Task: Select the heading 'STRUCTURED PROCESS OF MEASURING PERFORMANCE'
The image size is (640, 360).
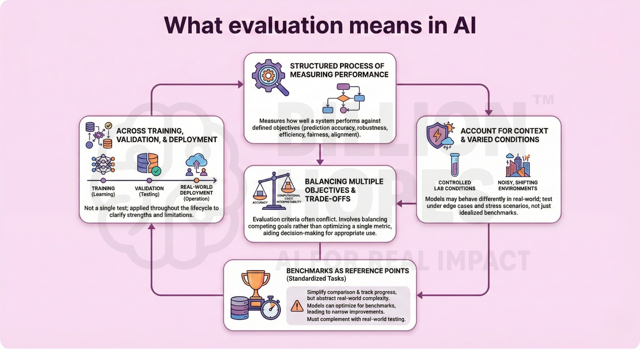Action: pyautogui.click(x=339, y=70)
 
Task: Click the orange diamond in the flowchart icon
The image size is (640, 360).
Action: pyautogui.click(x=343, y=98)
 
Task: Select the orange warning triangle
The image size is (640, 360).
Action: pyautogui.click(x=297, y=306)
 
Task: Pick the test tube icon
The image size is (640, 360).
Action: pyautogui.click(x=455, y=165)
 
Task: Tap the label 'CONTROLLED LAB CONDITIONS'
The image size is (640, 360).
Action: pyautogui.click(x=455, y=185)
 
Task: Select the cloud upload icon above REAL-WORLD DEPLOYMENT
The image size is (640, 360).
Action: pyautogui.click(x=197, y=165)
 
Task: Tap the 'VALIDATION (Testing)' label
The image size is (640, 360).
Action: pyautogui.click(x=149, y=191)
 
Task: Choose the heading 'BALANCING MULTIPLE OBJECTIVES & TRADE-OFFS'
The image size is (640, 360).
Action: pyautogui.click(x=344, y=190)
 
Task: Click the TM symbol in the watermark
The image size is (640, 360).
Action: pyautogui.click(x=543, y=99)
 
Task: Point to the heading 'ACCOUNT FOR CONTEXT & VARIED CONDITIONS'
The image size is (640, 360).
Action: pyautogui.click(x=504, y=135)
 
